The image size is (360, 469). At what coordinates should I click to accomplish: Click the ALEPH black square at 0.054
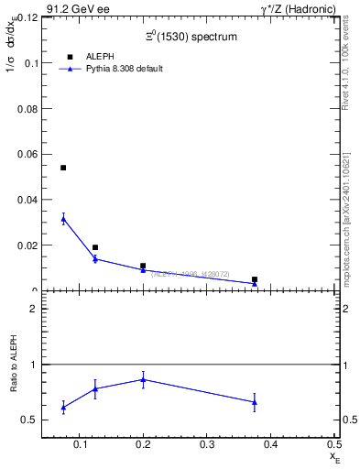(x=63, y=168)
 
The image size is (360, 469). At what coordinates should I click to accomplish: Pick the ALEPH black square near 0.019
(x=95, y=247)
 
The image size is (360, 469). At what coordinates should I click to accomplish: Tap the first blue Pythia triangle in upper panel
(x=63, y=218)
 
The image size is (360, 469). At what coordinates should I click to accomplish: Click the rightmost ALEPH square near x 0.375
(x=255, y=279)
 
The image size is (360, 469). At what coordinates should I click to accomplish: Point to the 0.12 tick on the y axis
(x=27, y=17)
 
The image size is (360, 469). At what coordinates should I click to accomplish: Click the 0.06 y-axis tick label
(x=27, y=154)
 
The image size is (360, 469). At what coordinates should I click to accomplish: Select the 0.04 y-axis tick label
(x=27, y=200)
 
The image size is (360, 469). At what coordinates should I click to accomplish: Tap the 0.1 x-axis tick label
(x=82, y=444)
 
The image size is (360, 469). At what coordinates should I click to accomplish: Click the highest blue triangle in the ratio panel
(x=143, y=379)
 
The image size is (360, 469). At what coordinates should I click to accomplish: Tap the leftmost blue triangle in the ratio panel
(x=63, y=407)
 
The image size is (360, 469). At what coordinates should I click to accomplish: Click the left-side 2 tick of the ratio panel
(x=33, y=309)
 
